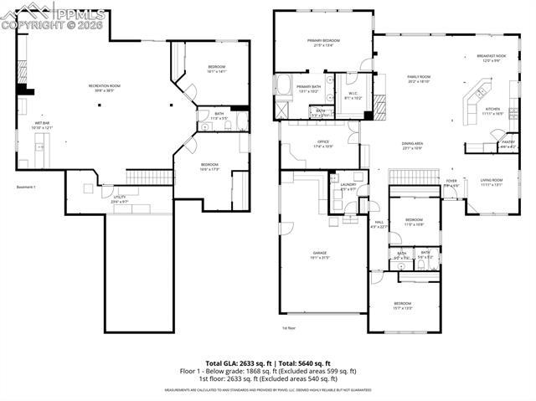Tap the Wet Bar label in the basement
pyautogui.click(x=42, y=124)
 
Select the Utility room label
pyautogui.click(x=120, y=199)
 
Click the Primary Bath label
pyautogui.click(x=308, y=86)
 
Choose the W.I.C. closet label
pyautogui.click(x=353, y=94)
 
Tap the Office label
pyautogui.click(x=322, y=143)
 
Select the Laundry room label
pyautogui.click(x=348, y=185)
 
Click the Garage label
pyautogui.click(x=320, y=253)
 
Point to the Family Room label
pyautogui.click(x=418, y=77)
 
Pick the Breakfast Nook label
pyautogui.click(x=489, y=57)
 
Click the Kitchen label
pyautogui.click(x=492, y=109)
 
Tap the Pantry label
pyautogui.click(x=508, y=143)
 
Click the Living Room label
pyautogui.click(x=492, y=181)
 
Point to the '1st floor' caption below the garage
pyautogui.click(x=289, y=327)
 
